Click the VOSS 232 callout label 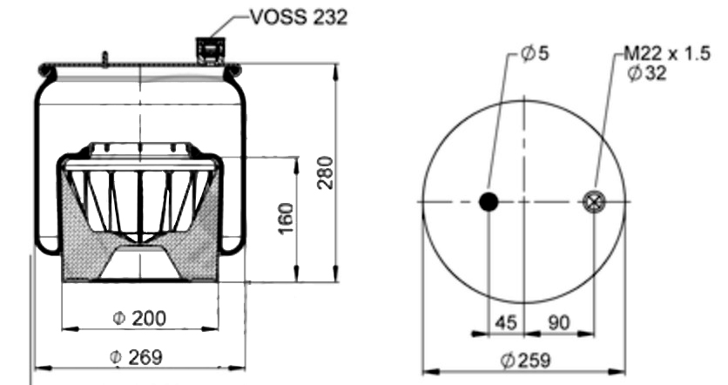pos(299,17)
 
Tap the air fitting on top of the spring pos(211,50)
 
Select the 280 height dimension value pos(326,172)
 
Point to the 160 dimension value pos(286,219)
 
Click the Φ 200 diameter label pos(139,318)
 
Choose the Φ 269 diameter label pos(137,357)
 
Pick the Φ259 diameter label pos(526,360)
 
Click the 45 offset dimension pos(506,321)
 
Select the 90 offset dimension pos(558,321)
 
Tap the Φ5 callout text pos(535,53)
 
